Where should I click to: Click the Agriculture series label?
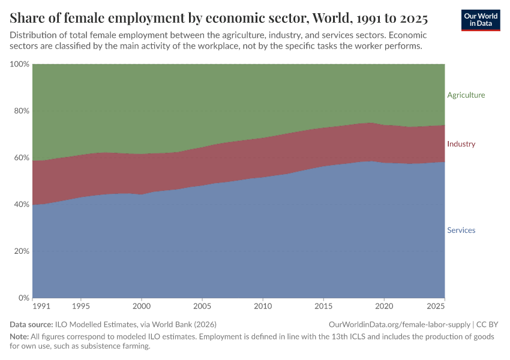(x=466, y=95)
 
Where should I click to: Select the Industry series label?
(x=461, y=144)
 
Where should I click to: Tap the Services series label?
(x=461, y=230)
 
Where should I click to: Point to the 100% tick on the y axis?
(x=19, y=64)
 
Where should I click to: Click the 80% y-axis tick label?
(x=21, y=111)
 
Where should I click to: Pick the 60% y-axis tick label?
(x=21, y=158)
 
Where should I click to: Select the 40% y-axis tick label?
(x=21, y=205)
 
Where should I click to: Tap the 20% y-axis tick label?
(x=21, y=251)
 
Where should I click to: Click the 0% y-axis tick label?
(x=23, y=298)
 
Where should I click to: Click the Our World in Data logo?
(x=481, y=20)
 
